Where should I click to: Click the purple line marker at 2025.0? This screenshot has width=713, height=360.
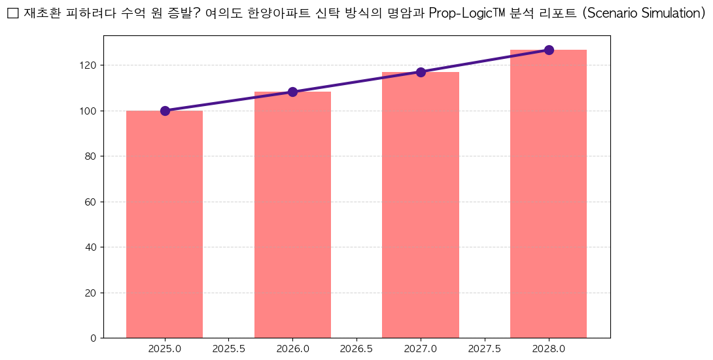tap(165, 111)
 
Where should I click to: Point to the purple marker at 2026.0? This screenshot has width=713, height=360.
tap(292, 92)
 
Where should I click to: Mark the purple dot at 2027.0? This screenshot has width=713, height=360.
tap(421, 72)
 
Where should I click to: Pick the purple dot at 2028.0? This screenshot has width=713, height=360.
tap(549, 50)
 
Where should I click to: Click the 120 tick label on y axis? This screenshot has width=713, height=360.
tap(89, 65)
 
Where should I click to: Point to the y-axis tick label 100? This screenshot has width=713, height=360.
tap(89, 111)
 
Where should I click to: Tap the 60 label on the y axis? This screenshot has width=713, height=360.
tap(91, 202)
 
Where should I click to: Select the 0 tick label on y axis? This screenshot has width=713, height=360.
tap(94, 338)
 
